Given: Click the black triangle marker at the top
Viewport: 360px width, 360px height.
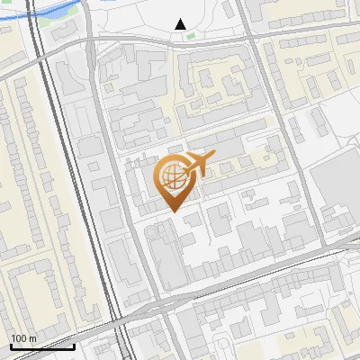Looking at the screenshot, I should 181,24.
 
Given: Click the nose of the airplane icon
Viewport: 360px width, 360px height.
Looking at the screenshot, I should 212,157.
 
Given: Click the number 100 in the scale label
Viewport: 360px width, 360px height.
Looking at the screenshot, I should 19,338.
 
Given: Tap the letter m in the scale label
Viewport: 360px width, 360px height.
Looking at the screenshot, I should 31,338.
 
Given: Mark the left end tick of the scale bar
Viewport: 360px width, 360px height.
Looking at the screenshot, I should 10,345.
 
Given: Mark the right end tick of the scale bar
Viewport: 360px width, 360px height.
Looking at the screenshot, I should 74,345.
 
